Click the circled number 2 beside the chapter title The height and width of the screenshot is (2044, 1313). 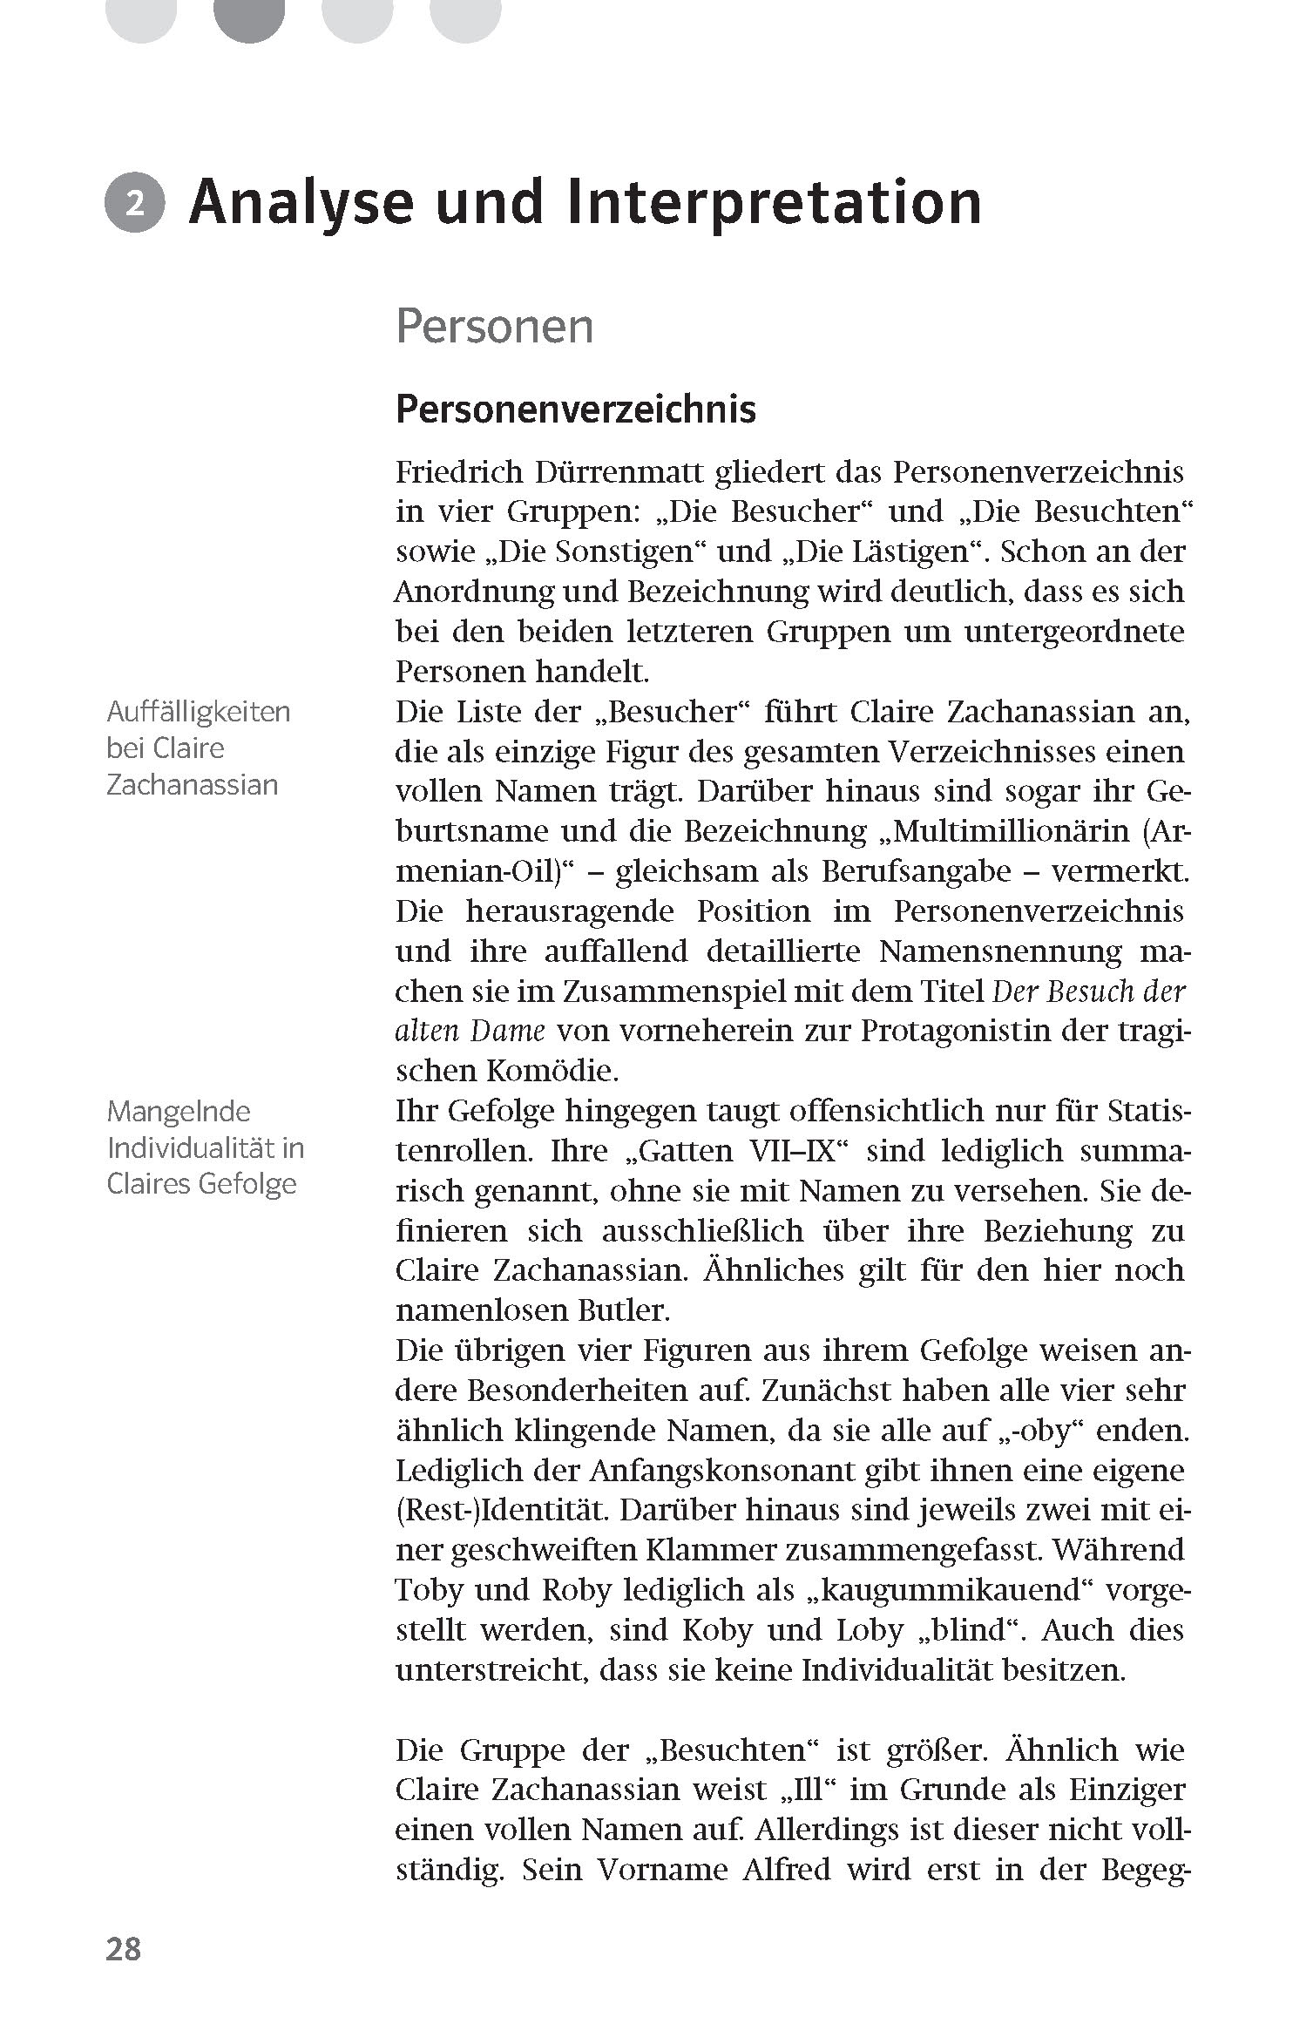[134, 204]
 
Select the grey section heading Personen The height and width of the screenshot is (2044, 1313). [494, 327]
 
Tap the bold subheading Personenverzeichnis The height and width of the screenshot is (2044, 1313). [575, 409]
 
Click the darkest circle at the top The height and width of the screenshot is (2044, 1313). [249, 17]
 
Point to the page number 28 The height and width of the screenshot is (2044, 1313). [123, 1948]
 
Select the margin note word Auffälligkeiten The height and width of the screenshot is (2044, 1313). [198, 712]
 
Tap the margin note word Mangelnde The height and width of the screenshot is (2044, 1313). [179, 1111]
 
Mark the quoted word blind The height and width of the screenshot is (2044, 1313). [984, 1629]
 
